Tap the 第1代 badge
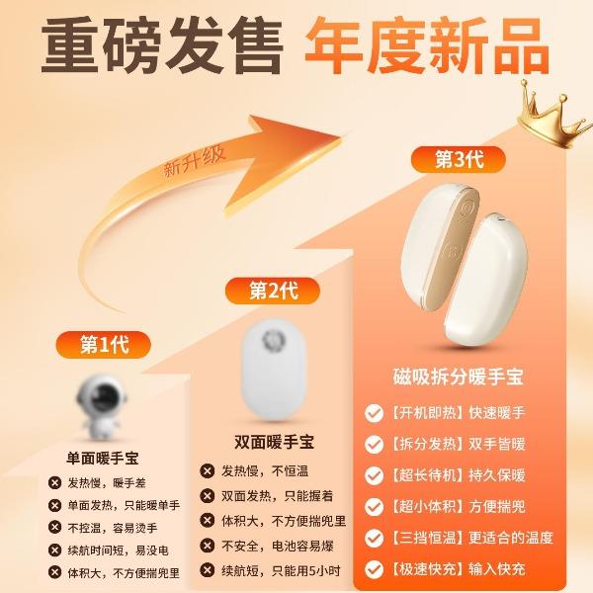pos(103,345)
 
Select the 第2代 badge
pos(273,292)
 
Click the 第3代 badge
pos(459,159)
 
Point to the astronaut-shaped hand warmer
pos(101,407)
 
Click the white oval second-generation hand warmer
pos(274,371)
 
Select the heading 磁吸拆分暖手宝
pos(458,377)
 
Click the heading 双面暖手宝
pos(274,442)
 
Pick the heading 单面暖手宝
pos(103,459)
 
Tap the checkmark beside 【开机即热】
pos(374,413)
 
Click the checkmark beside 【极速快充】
pos(374,569)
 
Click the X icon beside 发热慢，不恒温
pos(208,471)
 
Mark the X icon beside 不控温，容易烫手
pos(54,527)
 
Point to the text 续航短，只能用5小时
pos(281,570)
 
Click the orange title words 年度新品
pos(427,46)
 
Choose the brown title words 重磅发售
pos(162,46)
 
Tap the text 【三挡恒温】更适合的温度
pos(471,538)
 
